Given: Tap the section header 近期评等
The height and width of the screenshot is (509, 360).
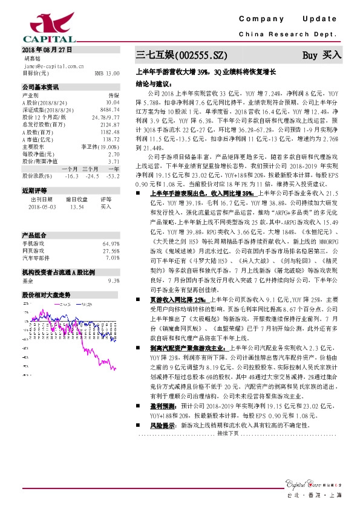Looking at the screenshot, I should pos(33,190).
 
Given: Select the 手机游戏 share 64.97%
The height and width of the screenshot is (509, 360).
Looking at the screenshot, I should pos(110,243).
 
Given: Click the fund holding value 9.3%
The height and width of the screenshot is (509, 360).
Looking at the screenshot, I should pos(113,281).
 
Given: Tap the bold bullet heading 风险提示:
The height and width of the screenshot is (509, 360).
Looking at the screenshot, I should pos(163,426).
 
